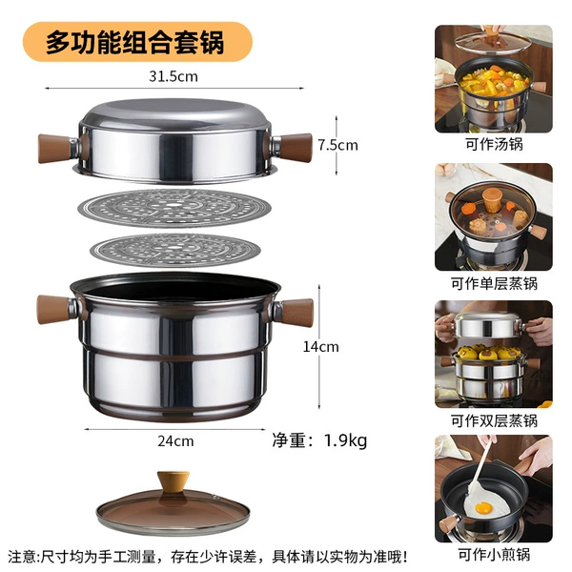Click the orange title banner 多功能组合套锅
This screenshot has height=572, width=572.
137,42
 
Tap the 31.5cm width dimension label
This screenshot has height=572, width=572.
174,76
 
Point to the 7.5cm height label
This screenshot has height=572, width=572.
337,145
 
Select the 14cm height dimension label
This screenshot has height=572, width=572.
320,347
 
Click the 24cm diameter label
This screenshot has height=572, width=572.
175,441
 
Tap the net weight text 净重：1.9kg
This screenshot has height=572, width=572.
319,440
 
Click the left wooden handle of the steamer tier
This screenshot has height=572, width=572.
54,148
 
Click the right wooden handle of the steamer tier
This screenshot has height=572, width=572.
296,148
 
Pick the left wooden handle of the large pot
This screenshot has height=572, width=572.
53,310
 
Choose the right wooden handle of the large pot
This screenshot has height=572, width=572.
297,313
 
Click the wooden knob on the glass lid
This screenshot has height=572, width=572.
174,481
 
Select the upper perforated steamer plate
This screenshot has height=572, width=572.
174,208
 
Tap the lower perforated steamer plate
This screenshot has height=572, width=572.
175,251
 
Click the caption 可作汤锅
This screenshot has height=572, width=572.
494,144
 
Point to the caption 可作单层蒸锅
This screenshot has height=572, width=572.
494,283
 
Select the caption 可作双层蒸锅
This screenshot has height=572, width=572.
494,420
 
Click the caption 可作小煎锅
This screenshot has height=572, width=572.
494,555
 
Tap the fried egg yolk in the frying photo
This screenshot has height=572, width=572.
483,507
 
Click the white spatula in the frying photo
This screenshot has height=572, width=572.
478,474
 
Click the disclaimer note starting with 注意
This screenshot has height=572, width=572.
207,557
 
